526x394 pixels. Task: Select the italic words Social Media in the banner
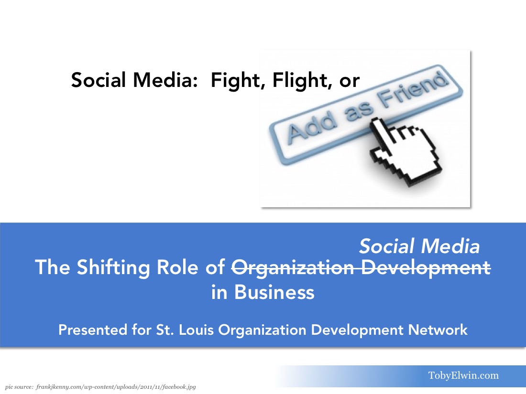point(420,246)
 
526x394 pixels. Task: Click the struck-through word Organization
point(293,267)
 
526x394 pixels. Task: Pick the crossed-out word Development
point(426,267)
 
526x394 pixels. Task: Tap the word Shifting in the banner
point(113,267)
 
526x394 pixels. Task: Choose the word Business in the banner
point(274,292)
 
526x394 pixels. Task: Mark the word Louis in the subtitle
point(196,330)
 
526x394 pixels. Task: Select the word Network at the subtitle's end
point(438,330)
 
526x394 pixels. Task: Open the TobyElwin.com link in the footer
point(464,375)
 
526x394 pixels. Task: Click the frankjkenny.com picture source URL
point(116,387)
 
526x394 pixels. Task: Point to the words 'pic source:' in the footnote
point(19,387)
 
